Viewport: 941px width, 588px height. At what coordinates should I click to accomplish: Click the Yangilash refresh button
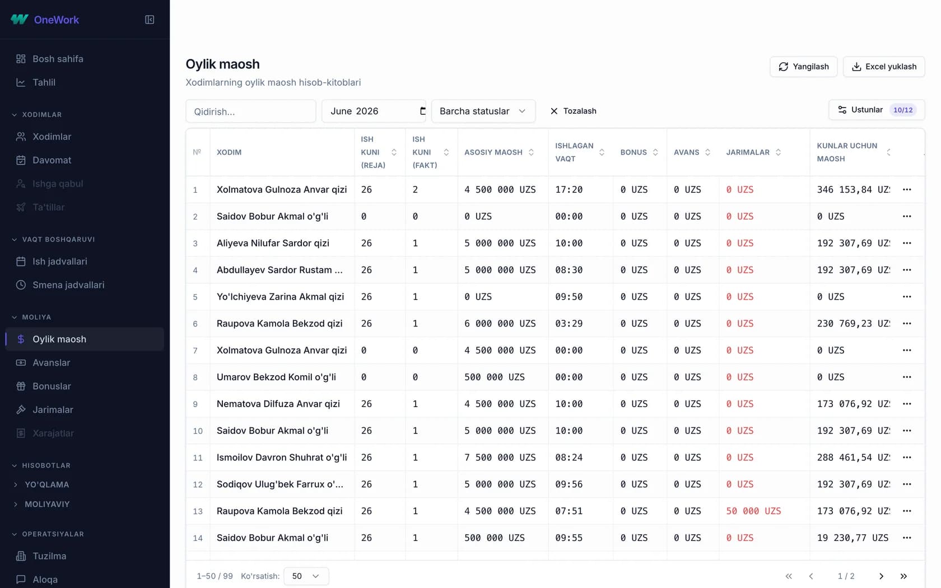click(x=803, y=67)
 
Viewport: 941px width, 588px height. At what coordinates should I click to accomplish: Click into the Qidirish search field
click(x=251, y=111)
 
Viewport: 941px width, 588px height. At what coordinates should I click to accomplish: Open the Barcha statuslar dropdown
click(x=483, y=111)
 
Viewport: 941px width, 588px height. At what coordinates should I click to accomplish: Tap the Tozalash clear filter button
click(x=573, y=111)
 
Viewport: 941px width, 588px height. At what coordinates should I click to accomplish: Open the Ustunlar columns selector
click(x=876, y=110)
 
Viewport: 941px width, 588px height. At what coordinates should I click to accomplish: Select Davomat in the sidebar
click(x=52, y=160)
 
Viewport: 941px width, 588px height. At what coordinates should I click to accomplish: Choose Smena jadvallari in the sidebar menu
click(x=68, y=284)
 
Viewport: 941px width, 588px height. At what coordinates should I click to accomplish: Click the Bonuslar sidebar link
click(x=52, y=386)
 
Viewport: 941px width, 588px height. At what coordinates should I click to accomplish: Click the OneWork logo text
click(x=56, y=20)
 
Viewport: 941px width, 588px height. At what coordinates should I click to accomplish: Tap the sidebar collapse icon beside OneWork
click(x=150, y=20)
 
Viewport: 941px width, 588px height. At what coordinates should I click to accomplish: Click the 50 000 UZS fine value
click(x=753, y=511)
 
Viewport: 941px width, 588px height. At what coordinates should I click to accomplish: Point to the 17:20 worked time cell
click(x=569, y=190)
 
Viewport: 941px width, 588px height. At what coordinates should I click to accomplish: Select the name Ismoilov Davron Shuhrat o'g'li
click(x=281, y=458)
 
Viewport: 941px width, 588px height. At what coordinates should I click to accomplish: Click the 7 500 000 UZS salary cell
click(x=500, y=458)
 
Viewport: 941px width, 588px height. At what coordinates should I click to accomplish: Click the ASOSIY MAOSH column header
click(x=493, y=152)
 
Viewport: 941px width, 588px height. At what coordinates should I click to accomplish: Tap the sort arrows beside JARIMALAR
click(x=778, y=152)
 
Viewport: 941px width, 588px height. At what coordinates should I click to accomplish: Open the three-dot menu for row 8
click(x=907, y=377)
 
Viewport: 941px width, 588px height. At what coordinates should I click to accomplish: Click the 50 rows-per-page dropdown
click(x=306, y=576)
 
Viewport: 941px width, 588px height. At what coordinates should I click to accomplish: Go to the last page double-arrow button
click(x=903, y=576)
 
